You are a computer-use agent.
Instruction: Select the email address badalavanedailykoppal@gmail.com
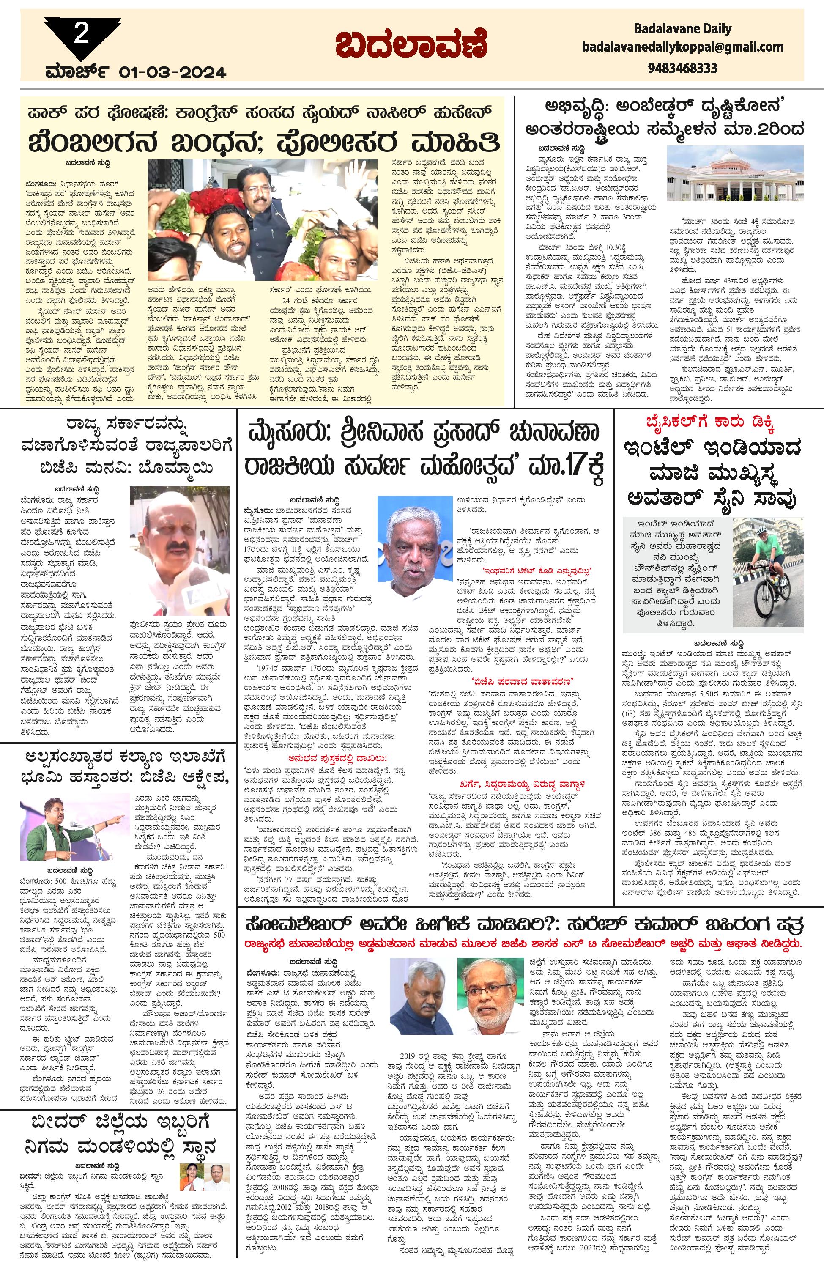click(x=682, y=47)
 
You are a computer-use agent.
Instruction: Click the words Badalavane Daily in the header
click(x=683, y=28)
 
